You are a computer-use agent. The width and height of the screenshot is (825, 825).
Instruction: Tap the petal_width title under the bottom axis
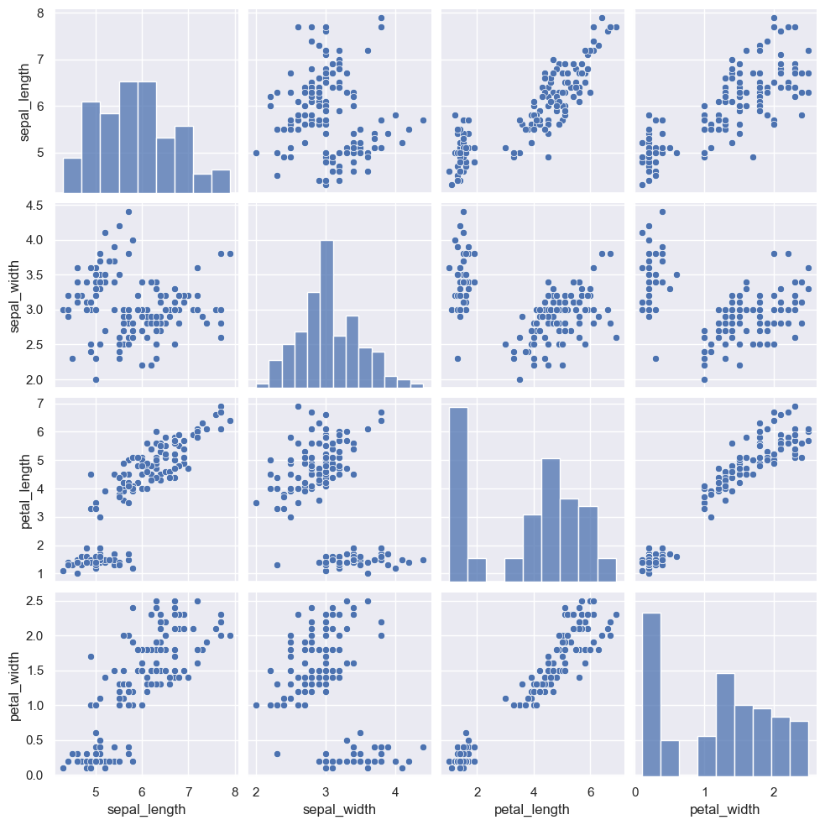(x=724, y=810)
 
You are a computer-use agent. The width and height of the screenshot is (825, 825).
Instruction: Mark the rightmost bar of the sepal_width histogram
(x=417, y=385)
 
